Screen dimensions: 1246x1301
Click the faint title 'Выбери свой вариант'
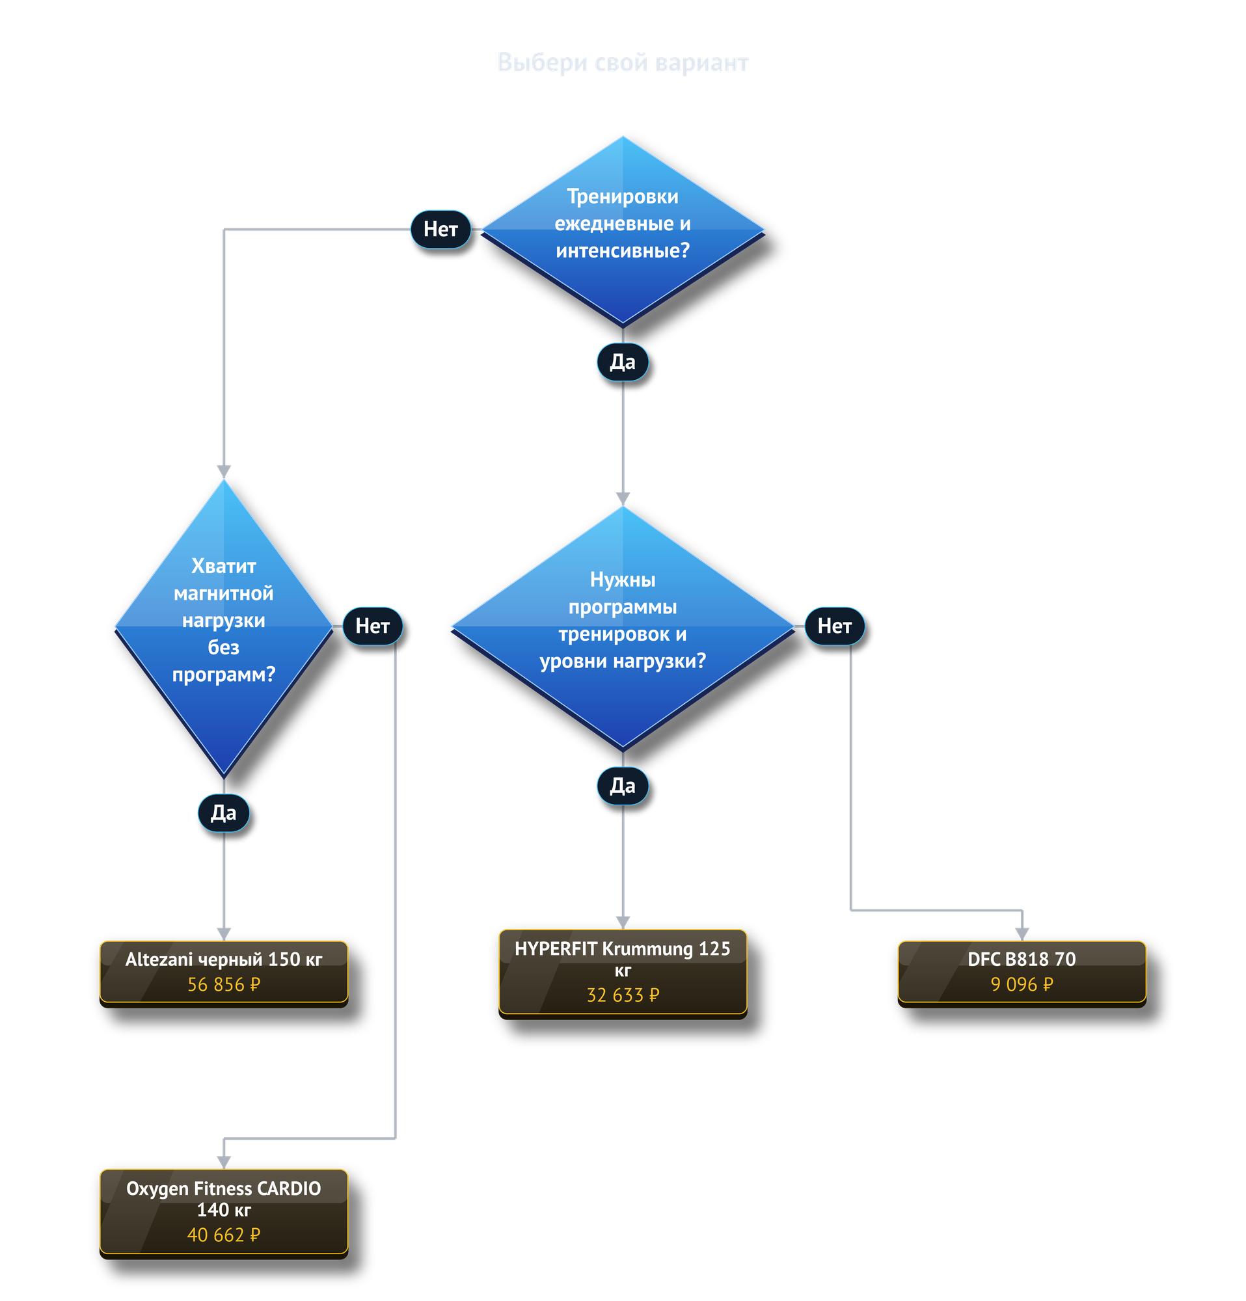point(623,62)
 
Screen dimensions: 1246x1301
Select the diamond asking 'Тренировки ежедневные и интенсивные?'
point(623,230)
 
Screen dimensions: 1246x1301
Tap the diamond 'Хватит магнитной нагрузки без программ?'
point(224,627)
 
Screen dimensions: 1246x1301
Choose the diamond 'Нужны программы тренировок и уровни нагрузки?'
point(623,627)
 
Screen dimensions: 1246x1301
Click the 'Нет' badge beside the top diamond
point(440,230)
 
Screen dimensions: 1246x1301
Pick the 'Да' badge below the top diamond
point(623,362)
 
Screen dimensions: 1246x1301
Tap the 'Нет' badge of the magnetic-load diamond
point(372,626)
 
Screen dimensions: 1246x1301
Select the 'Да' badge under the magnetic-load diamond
point(224,812)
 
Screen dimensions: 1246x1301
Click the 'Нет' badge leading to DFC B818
point(834,626)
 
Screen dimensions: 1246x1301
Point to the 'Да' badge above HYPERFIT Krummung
point(623,786)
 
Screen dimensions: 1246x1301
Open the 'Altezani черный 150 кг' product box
point(224,972)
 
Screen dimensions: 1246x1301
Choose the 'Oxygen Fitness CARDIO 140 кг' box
point(224,1213)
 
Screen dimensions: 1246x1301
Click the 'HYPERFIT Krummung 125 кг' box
point(623,972)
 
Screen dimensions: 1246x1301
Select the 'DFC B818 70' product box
point(1022,972)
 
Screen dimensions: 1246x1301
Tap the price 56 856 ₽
point(224,984)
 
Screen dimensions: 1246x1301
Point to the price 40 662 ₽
point(224,1235)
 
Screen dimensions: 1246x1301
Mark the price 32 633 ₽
point(623,995)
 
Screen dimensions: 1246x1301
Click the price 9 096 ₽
point(1022,984)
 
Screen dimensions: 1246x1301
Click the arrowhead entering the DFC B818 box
point(1022,935)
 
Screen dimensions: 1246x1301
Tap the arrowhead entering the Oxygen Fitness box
point(224,1163)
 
